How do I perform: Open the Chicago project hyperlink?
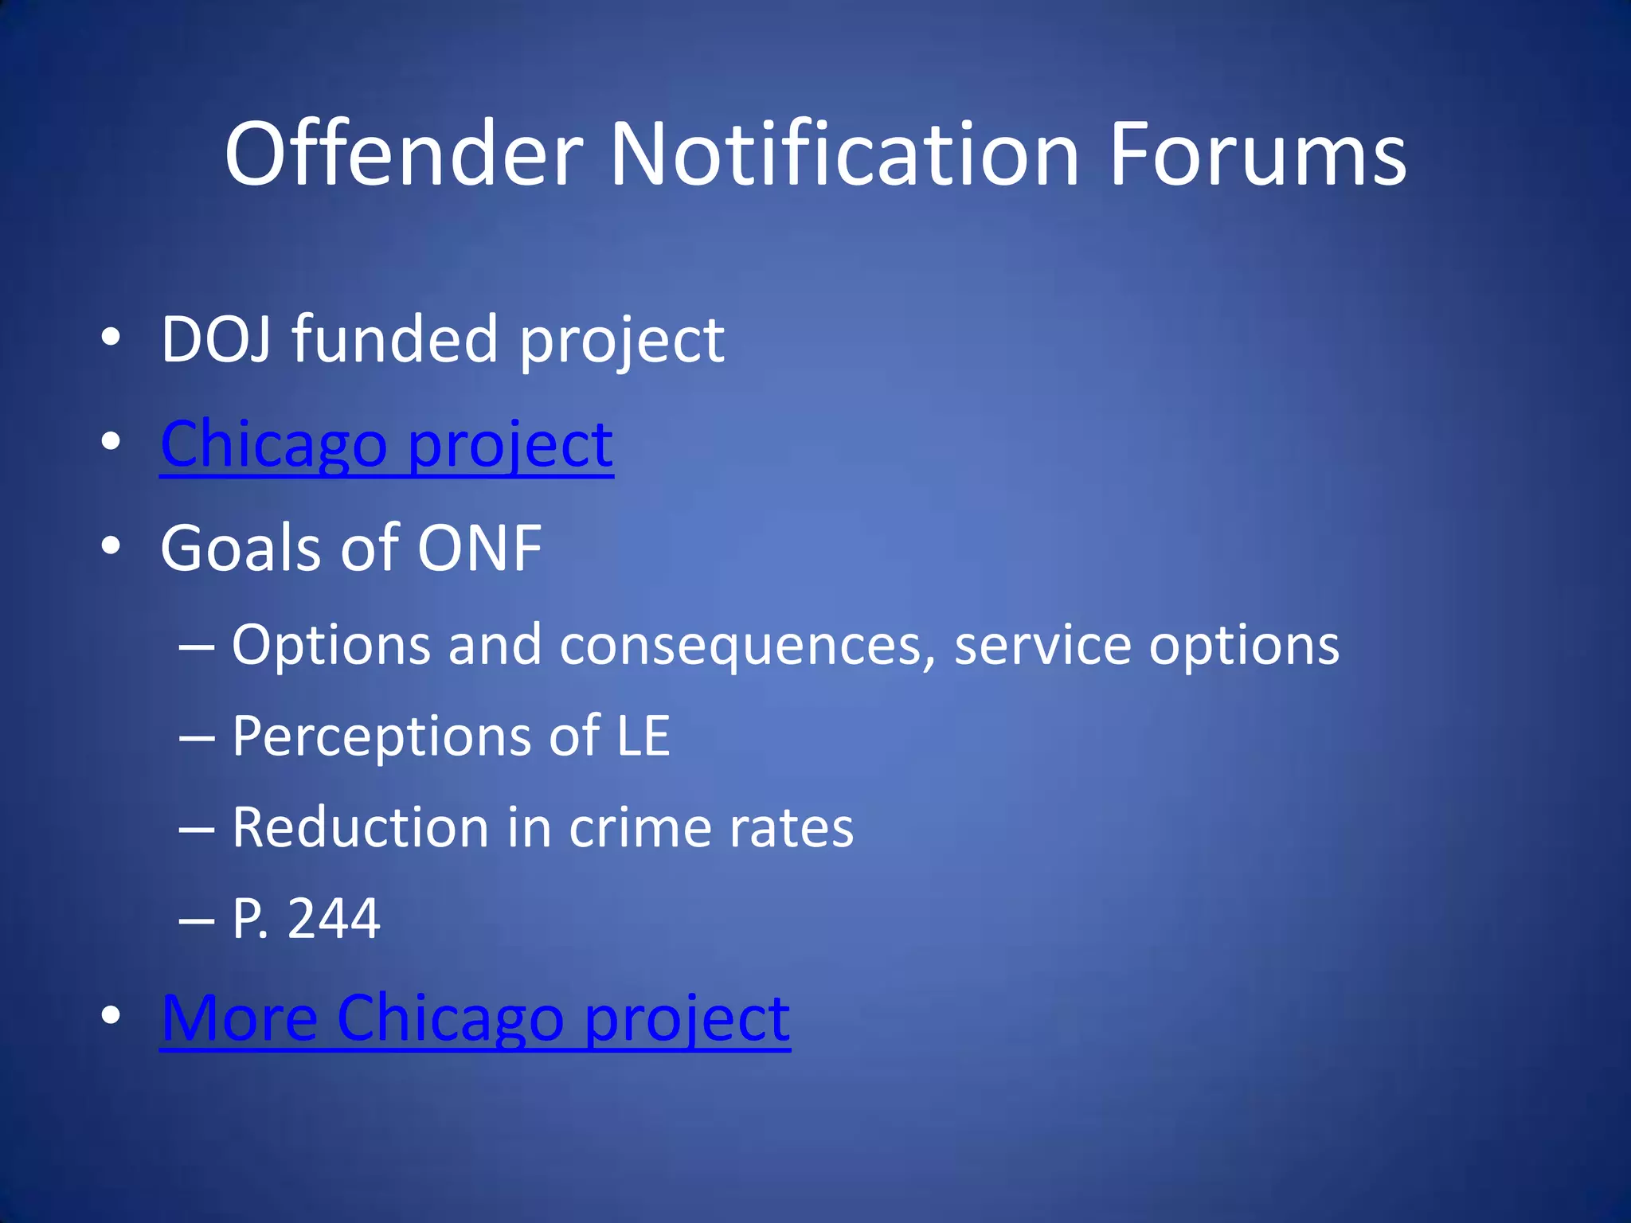[x=386, y=444]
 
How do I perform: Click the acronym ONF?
[x=479, y=549]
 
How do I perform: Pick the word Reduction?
[x=360, y=828]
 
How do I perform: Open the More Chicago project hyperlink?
[x=475, y=1019]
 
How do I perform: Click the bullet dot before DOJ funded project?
[x=111, y=338]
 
